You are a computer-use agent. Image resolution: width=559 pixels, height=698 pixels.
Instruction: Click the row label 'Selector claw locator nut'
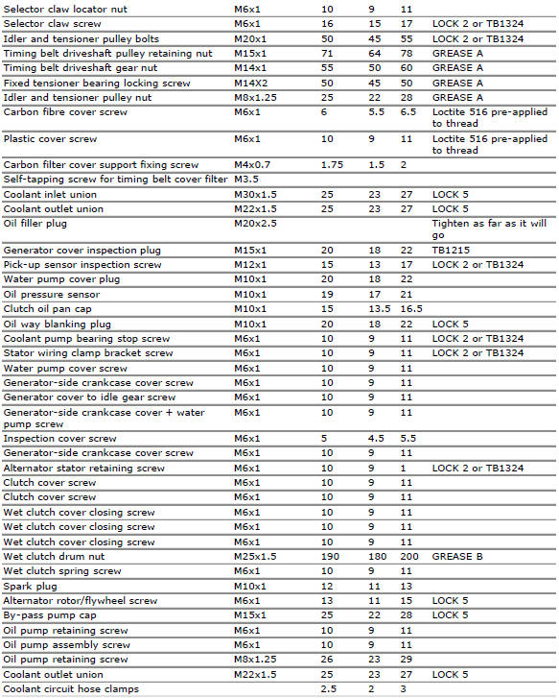click(58, 9)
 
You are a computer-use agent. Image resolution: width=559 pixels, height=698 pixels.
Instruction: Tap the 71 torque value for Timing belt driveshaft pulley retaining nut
click(327, 53)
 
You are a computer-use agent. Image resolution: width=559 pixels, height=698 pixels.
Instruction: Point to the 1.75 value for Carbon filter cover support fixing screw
click(332, 165)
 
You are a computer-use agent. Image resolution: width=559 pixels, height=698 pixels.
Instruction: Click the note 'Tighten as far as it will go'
click(489, 229)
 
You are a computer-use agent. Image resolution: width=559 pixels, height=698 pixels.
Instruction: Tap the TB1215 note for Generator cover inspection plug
click(450, 250)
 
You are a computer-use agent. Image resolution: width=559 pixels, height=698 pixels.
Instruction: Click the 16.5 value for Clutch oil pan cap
click(411, 309)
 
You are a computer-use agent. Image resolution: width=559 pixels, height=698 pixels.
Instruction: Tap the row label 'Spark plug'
click(30, 586)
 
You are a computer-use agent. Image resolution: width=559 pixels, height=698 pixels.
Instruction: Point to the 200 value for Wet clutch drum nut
click(408, 557)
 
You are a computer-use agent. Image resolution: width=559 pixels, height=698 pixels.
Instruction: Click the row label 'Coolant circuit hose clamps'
click(70, 689)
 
